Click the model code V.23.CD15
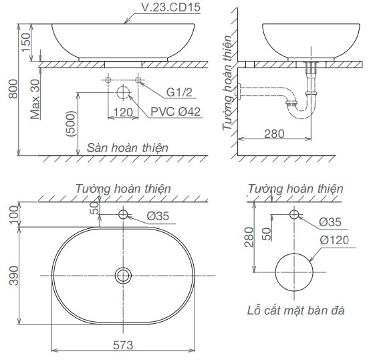pos(170,7)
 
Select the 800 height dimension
pos(13,89)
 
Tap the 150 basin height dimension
pos(26,42)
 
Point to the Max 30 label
pos(35,99)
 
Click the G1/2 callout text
pos(179,92)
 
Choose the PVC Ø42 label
pos(176,112)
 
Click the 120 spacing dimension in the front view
pos(123,112)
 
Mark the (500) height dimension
pos(71,124)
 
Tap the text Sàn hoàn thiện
pos(128,148)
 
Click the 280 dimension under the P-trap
pos(274,134)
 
